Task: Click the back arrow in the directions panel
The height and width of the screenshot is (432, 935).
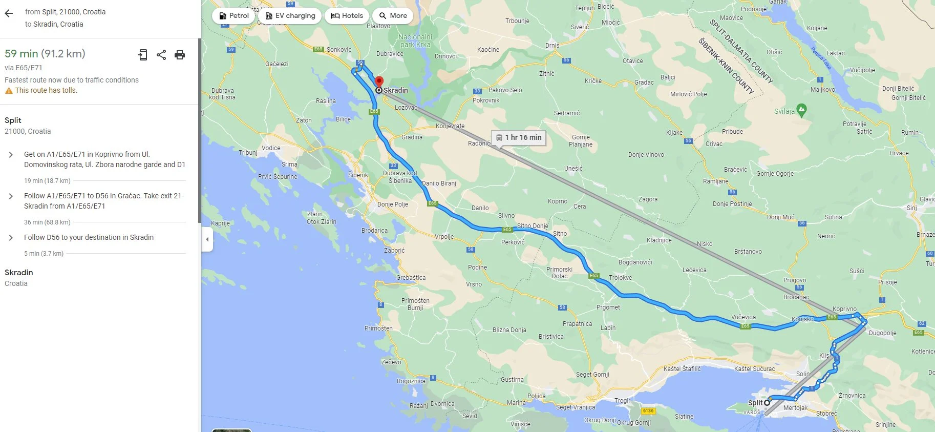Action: (9, 13)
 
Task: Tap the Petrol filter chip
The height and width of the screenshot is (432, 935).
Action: (233, 16)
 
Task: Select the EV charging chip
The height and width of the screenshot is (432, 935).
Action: (290, 16)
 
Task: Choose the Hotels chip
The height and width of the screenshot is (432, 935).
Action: (347, 16)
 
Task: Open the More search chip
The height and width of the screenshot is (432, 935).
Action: (393, 16)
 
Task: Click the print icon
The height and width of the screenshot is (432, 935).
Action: (180, 55)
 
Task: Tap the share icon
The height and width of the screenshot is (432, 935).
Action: (161, 55)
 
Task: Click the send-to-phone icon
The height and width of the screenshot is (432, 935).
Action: (143, 55)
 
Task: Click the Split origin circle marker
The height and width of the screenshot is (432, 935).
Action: (767, 403)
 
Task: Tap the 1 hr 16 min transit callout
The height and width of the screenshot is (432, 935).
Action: (518, 137)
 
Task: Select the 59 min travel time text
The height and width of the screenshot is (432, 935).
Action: (21, 54)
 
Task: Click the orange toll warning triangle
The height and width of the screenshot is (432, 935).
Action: (9, 91)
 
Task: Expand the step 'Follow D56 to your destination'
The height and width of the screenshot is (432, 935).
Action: (11, 238)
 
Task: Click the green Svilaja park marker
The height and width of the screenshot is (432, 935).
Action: (801, 109)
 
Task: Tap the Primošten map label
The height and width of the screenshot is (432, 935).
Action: (378, 328)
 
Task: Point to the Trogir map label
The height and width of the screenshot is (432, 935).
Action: (623, 400)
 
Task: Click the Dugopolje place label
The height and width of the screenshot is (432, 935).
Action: (882, 333)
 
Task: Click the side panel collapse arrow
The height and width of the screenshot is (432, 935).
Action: (207, 239)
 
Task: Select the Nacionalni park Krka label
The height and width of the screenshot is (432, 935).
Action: (415, 40)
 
